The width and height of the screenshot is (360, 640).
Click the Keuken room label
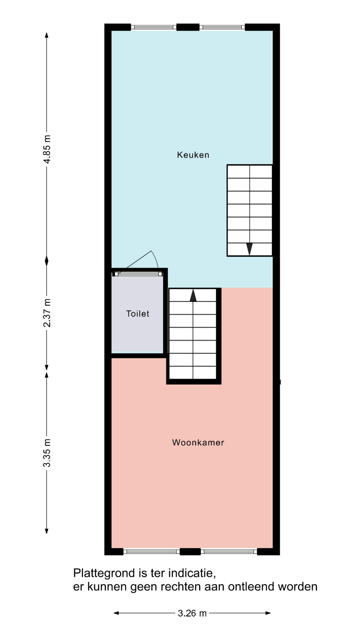[193, 155]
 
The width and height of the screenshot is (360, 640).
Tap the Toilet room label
[138, 314]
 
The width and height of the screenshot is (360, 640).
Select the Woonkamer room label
[198, 442]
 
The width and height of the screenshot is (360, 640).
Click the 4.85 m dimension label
[47, 149]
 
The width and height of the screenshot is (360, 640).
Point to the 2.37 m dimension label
[47, 313]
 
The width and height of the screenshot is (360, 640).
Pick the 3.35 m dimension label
[47, 453]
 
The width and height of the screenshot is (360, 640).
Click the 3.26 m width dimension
[192, 613]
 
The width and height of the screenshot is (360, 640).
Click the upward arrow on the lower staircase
[193, 295]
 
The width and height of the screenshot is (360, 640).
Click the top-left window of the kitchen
[153, 27]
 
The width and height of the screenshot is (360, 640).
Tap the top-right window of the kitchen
[222, 27]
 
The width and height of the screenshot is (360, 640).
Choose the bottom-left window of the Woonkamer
[152, 552]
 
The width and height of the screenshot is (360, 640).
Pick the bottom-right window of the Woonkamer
[229, 552]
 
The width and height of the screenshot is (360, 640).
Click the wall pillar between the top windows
[188, 27]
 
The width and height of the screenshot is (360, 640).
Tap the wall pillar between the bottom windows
[190, 552]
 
